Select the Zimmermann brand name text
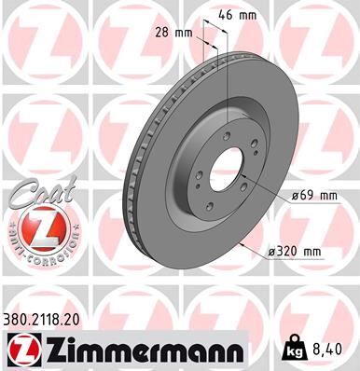138,349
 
